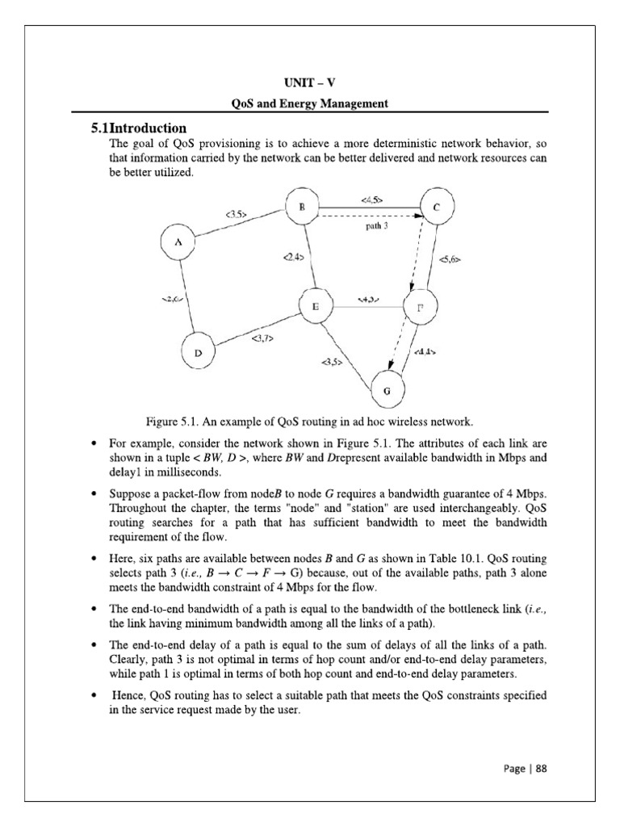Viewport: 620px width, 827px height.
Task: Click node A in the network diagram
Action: point(178,242)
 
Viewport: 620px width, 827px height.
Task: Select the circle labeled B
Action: point(301,208)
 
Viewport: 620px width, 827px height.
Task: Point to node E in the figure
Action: point(316,307)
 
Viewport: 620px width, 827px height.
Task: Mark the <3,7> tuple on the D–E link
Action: point(262,338)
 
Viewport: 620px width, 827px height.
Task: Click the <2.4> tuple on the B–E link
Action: point(292,258)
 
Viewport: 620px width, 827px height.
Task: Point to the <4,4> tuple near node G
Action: point(425,352)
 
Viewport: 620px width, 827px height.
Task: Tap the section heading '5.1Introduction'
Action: point(138,128)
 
